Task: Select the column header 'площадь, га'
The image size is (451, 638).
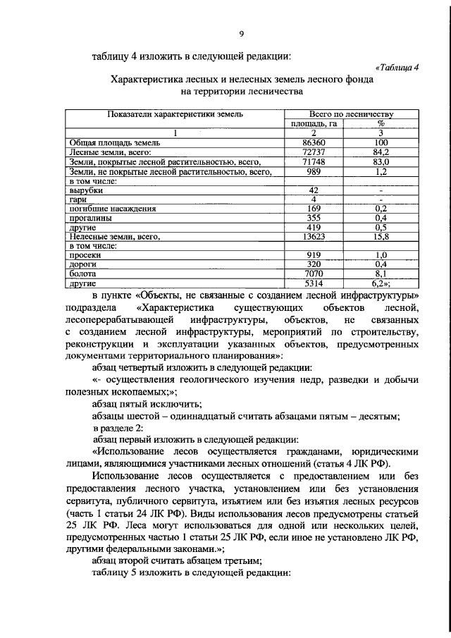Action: click(x=314, y=123)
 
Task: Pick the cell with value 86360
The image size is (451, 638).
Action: click(x=314, y=142)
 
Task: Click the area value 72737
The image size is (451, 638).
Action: click(x=314, y=152)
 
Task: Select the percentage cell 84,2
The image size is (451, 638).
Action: click(x=381, y=152)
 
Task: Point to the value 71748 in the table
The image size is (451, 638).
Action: click(x=314, y=161)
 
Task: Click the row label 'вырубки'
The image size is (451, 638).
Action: click(x=86, y=190)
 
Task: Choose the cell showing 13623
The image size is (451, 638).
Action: click(x=314, y=238)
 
